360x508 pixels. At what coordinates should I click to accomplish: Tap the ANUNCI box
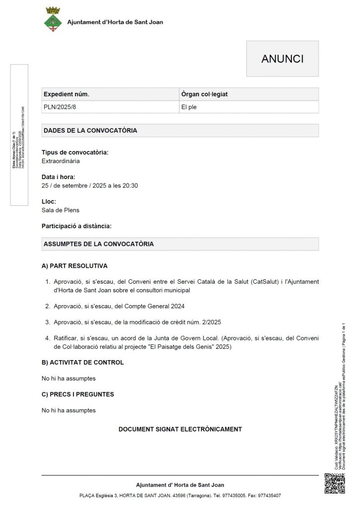(x=282, y=59)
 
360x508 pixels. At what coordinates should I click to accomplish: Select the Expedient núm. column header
(x=67, y=94)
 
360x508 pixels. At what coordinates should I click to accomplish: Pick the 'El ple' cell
(x=189, y=107)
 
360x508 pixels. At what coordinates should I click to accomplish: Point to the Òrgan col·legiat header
(x=205, y=94)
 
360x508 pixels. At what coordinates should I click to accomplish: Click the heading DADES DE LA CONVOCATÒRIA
(x=90, y=131)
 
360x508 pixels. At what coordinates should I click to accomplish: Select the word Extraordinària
(x=61, y=161)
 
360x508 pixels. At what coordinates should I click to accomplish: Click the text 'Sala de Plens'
(x=61, y=210)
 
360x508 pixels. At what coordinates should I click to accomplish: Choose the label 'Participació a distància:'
(x=76, y=226)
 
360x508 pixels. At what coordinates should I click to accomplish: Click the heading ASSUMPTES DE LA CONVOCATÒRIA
(x=98, y=244)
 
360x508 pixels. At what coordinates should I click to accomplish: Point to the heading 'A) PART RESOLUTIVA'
(x=74, y=266)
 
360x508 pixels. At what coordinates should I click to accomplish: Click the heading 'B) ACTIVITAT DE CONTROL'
(x=82, y=362)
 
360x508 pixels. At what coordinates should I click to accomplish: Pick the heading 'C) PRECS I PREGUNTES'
(x=77, y=394)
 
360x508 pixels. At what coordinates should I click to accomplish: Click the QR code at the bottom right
(x=334, y=484)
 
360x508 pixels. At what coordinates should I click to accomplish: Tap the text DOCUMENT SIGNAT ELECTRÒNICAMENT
(x=180, y=429)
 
